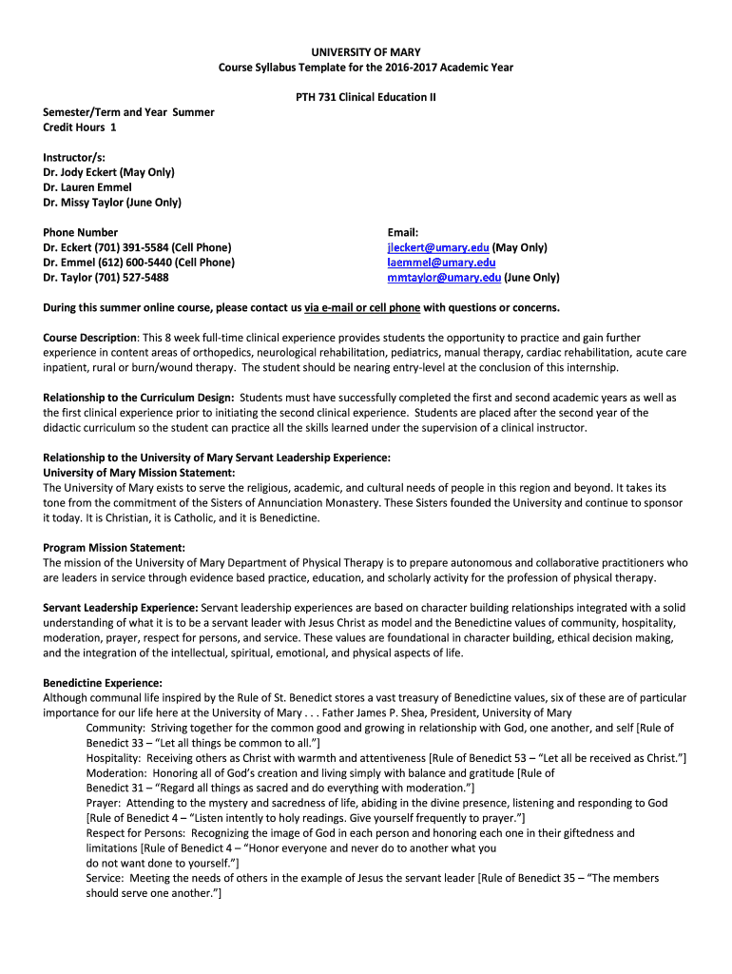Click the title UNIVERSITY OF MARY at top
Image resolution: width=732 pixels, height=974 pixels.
pos(366,50)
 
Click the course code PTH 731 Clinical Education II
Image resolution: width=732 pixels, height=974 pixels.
pos(366,97)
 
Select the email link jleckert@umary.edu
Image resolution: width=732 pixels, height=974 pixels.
pos(438,247)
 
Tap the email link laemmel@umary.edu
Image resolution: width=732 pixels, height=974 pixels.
pos(441,263)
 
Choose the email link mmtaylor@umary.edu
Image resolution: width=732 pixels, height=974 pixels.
pos(444,278)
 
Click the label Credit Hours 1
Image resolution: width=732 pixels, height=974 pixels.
pos(80,127)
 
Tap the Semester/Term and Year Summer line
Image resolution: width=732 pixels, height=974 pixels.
pos(128,112)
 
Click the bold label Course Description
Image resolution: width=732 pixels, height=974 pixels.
pos(90,338)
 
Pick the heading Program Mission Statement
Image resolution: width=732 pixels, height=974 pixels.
pos(114,547)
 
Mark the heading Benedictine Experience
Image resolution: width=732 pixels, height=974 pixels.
pos(103,683)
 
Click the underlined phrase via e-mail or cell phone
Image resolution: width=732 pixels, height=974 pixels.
pos(362,308)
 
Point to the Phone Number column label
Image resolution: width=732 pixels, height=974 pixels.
pos(81,232)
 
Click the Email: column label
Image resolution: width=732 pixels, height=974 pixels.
pos(403,232)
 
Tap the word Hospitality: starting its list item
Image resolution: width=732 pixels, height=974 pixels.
pos(115,758)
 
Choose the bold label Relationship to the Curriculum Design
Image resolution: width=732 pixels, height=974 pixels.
pos(139,398)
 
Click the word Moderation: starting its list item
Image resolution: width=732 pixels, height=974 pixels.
pos(116,773)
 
